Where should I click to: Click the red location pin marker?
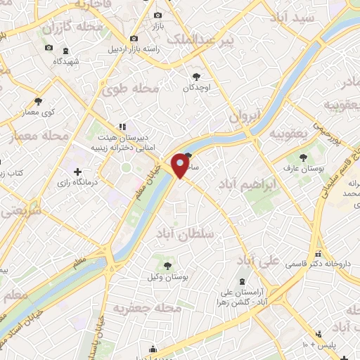(181, 165)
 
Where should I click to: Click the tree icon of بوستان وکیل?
(167, 266)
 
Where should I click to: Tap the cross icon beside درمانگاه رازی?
(78, 172)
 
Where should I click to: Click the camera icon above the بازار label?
(157, 15)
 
